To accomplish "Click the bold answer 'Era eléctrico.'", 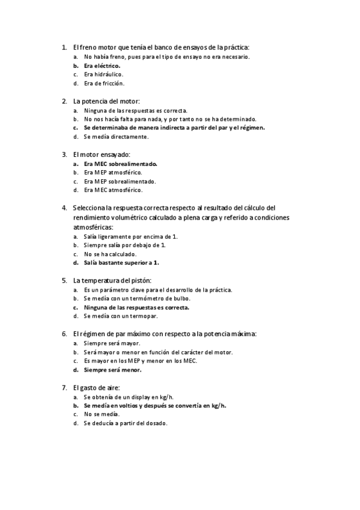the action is tap(102, 66).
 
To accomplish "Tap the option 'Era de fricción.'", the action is tap(104, 84).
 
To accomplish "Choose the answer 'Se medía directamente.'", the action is tap(116, 137).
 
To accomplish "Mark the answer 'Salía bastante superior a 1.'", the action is tap(121, 262).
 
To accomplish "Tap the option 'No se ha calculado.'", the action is tap(110, 254).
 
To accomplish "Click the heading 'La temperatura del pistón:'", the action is tap(112, 280).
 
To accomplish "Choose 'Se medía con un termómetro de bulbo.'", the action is tap(137, 298).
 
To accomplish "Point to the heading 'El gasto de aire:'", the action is tap(97, 387).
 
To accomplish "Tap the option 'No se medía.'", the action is tap(102, 414).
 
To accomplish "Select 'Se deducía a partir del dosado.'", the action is tap(126, 423).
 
